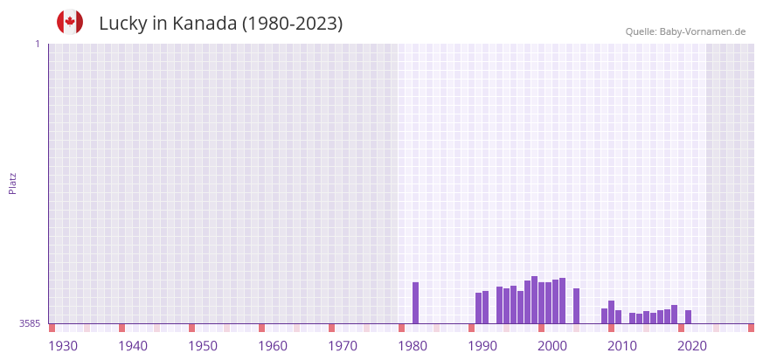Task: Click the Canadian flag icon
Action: [70, 23]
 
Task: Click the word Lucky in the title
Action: [122, 24]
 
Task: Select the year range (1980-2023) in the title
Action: [292, 24]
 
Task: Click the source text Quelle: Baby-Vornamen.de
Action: [685, 31]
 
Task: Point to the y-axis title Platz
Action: [12, 183]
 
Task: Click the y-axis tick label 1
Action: [37, 44]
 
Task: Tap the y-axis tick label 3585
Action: [29, 323]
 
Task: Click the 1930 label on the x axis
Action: [63, 346]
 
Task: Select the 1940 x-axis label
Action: [133, 346]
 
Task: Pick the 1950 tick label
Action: [203, 346]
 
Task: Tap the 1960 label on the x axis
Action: [273, 346]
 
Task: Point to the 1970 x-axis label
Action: [343, 346]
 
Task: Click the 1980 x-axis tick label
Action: [413, 346]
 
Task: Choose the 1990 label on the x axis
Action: [482, 346]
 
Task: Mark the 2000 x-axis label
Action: [552, 346]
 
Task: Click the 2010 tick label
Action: [622, 346]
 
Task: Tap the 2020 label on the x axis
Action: [692, 346]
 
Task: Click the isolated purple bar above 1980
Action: [415, 302]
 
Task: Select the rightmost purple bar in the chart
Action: [688, 316]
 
